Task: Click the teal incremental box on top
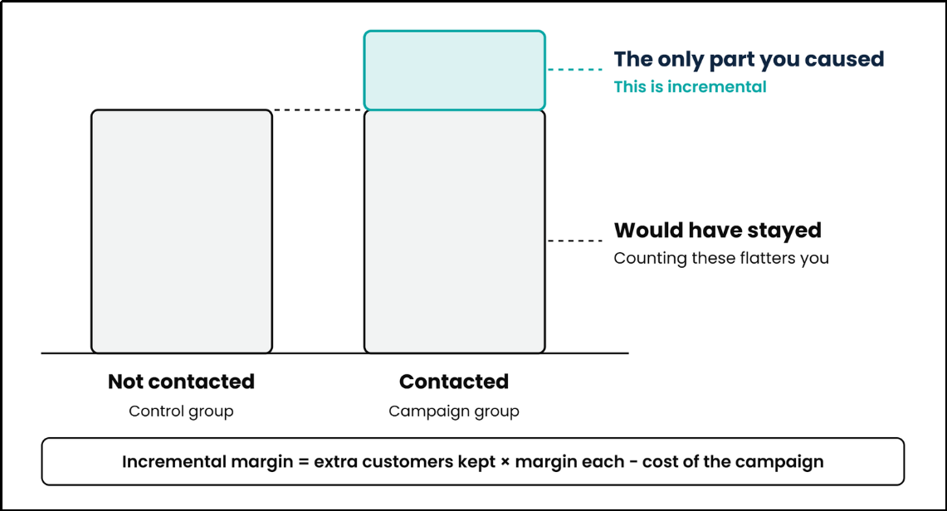[x=454, y=70]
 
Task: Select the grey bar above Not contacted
[x=182, y=231]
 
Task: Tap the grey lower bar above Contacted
[x=454, y=231]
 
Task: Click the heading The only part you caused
[x=749, y=59]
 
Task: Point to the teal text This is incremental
[x=690, y=87]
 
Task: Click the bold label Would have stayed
[x=717, y=230]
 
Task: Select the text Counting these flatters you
[x=721, y=258]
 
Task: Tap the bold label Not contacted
[x=181, y=382]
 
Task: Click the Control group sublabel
[x=181, y=411]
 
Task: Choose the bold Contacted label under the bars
[x=454, y=382]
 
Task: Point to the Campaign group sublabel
[x=454, y=411]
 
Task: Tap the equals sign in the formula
[x=303, y=462]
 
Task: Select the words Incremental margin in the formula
[x=207, y=462]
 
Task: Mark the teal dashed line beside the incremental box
[x=575, y=70]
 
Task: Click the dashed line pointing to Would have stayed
[x=575, y=241]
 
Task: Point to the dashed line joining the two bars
[x=318, y=109]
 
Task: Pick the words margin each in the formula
[x=569, y=462]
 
